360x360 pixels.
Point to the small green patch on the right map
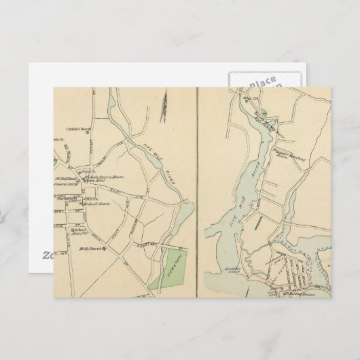270,103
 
